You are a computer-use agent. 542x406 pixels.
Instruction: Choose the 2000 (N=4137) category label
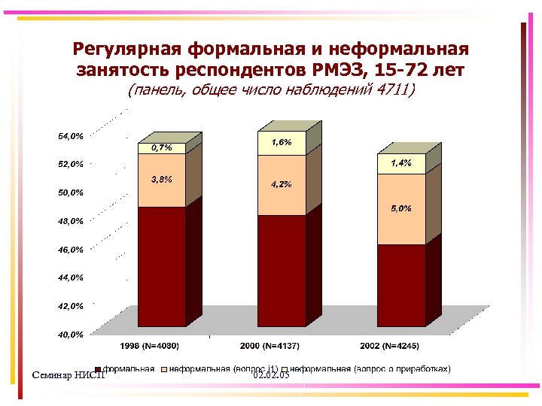click(x=270, y=346)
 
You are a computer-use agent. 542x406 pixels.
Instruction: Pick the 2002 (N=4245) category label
click(x=389, y=346)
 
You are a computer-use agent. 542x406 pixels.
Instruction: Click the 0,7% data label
click(x=162, y=148)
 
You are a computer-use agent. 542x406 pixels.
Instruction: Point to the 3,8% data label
click(x=162, y=180)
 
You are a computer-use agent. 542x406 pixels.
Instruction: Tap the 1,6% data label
click(x=282, y=142)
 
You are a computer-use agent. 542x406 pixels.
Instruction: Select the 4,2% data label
click(x=282, y=184)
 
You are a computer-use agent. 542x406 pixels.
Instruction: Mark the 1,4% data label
click(x=400, y=163)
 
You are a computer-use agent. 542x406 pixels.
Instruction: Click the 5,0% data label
click(x=400, y=209)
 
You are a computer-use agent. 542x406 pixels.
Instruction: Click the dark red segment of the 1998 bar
click(x=161, y=266)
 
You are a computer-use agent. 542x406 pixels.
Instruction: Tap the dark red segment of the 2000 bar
click(x=282, y=270)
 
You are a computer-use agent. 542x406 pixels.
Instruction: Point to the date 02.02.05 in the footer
click(x=272, y=374)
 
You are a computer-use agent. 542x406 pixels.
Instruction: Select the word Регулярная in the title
click(x=127, y=50)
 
